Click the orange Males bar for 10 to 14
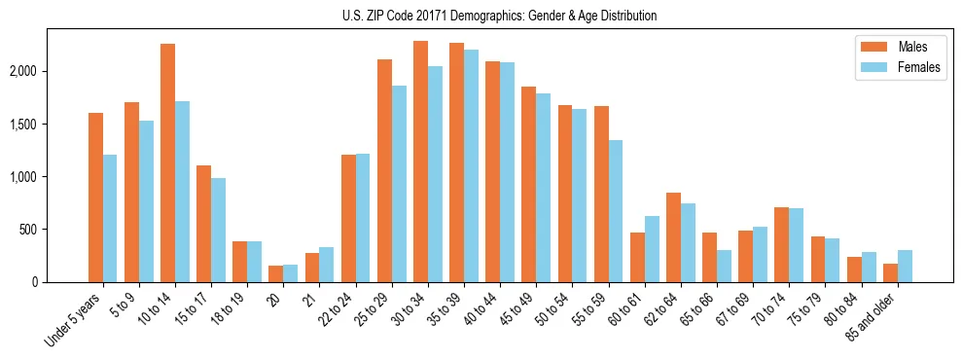[x=167, y=163]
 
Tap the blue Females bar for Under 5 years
[x=110, y=219]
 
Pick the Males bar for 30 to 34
[x=420, y=162]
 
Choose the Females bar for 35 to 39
[x=471, y=166]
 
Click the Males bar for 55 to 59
[x=601, y=195]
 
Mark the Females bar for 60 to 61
[x=652, y=249]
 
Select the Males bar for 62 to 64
[x=673, y=237]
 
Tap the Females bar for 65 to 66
[x=724, y=267]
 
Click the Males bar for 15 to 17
[x=203, y=224]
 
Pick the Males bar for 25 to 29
[x=384, y=171]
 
